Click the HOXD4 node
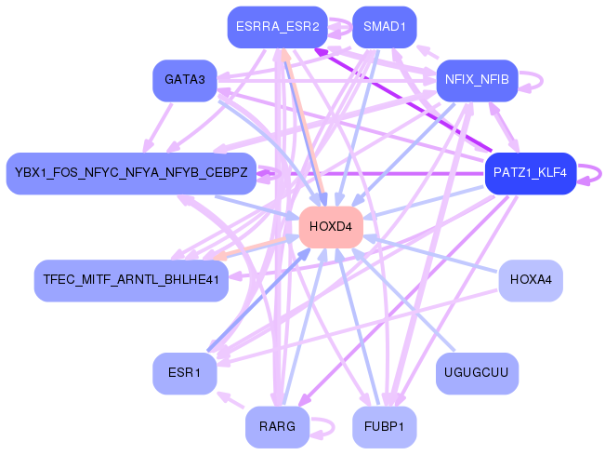pyautogui.click(x=330, y=227)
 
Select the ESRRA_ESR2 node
pyautogui.click(x=278, y=27)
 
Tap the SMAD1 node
pyautogui.click(x=384, y=27)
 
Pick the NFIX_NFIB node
pyautogui.click(x=477, y=80)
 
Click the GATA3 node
pyautogui.click(x=184, y=80)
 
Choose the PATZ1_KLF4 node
pyautogui.click(x=531, y=173)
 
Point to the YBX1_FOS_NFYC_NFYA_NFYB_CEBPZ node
pyautogui.click(x=131, y=173)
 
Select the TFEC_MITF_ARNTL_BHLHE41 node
pyautogui.click(x=130, y=279)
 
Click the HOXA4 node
pyautogui.click(x=531, y=279)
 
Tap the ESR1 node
pyautogui.click(x=184, y=373)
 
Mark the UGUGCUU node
pyautogui.click(x=477, y=373)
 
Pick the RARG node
pyautogui.click(x=277, y=427)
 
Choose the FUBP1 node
pyautogui.click(x=384, y=427)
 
